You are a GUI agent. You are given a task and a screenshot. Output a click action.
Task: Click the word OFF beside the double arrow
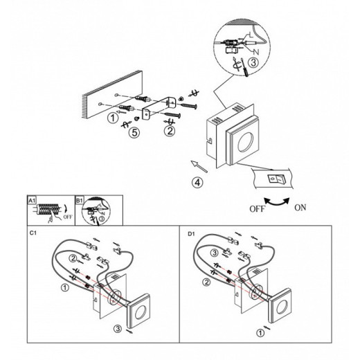tap(257, 209)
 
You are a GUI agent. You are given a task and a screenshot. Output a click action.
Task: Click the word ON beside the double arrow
tap(300, 208)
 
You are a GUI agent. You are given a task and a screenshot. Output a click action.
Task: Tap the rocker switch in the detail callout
tap(276, 179)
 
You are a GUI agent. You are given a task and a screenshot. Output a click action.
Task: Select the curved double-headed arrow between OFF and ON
tap(277, 202)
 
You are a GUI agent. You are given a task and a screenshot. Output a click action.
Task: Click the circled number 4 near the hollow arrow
tap(197, 182)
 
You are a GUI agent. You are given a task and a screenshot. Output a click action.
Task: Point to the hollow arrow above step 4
tap(199, 166)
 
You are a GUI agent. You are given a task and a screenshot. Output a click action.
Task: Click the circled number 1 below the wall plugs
tap(113, 118)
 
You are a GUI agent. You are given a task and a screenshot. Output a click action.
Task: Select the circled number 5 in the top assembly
tap(134, 132)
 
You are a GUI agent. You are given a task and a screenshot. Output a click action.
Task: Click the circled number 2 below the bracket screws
tap(170, 131)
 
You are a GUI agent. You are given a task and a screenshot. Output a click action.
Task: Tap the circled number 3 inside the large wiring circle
tap(253, 62)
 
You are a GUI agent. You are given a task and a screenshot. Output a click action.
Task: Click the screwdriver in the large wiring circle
tap(244, 68)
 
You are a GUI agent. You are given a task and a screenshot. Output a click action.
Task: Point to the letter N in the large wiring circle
tap(256, 52)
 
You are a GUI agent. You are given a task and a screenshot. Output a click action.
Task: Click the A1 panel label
tap(32, 200)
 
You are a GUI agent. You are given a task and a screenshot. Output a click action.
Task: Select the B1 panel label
tap(79, 200)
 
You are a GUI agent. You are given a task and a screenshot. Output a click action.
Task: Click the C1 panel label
tap(33, 233)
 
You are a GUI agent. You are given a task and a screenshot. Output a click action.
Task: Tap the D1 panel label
tap(191, 234)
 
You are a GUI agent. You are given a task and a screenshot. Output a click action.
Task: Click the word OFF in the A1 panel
tap(68, 217)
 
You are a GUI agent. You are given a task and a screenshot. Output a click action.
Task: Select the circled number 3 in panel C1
tap(118, 329)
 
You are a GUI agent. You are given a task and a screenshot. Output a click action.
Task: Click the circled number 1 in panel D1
tap(260, 333)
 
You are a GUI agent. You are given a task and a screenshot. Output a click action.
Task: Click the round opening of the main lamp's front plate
tap(246, 141)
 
